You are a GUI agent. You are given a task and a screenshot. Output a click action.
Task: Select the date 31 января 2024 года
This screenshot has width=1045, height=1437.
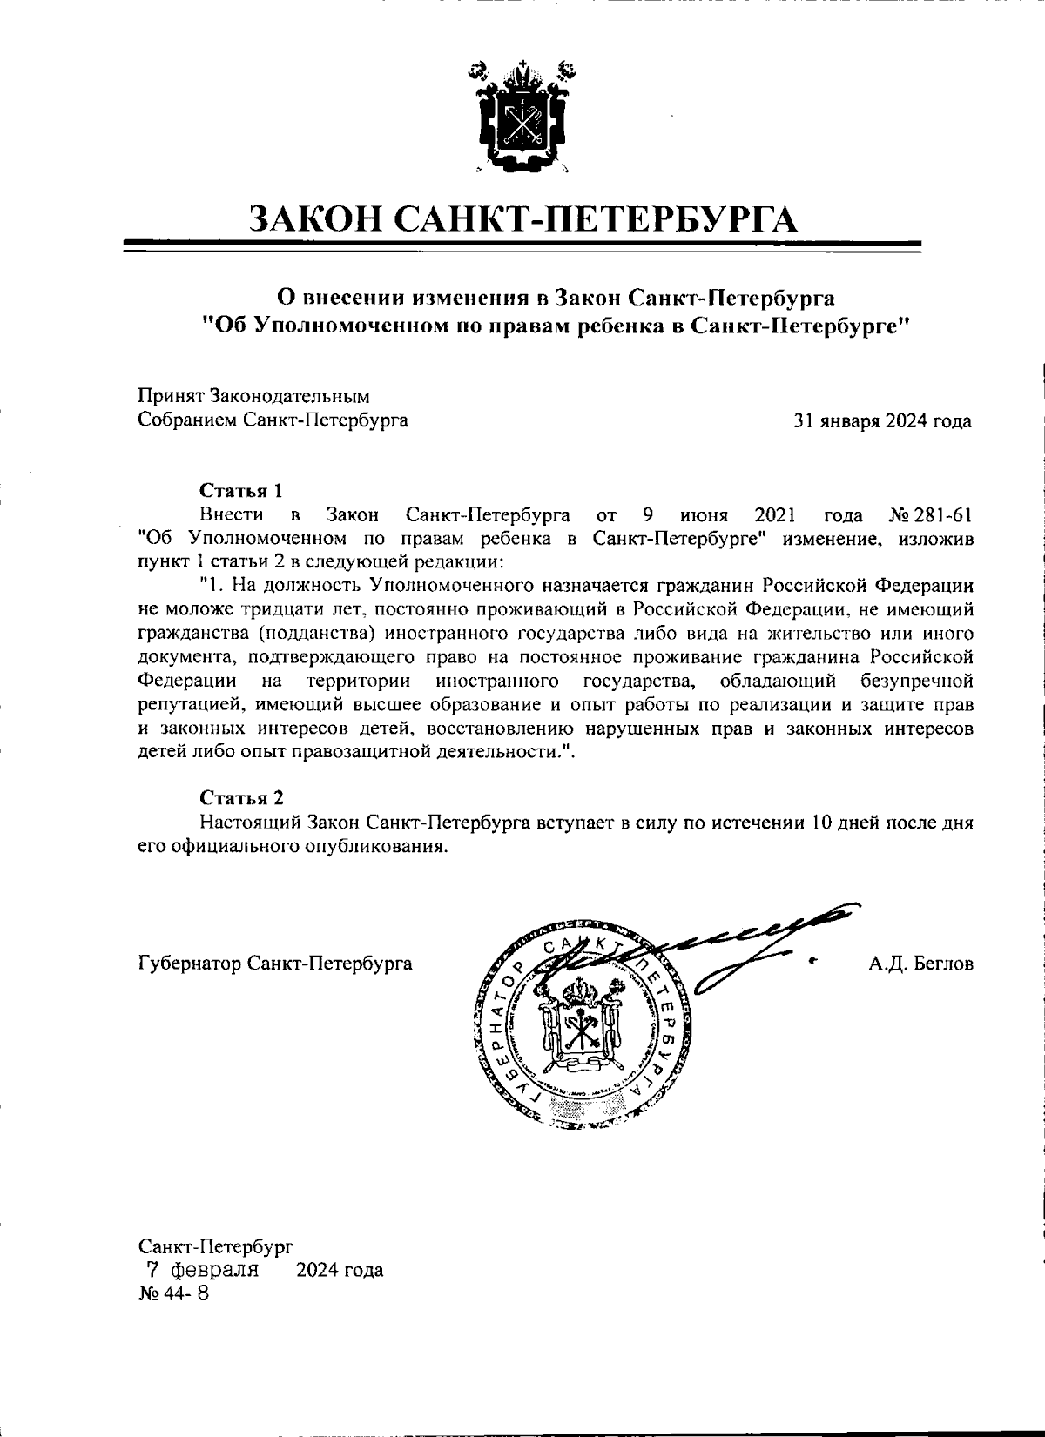pyautogui.click(x=882, y=421)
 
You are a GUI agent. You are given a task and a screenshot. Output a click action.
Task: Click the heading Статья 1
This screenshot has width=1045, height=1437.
pyautogui.click(x=241, y=490)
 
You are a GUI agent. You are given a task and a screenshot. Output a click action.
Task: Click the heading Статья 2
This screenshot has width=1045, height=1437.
pyautogui.click(x=241, y=797)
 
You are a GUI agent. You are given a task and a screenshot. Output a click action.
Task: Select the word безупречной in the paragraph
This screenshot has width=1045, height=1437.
pyautogui.click(x=916, y=679)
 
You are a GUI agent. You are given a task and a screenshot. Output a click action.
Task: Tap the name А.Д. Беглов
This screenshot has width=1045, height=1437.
pyautogui.click(x=920, y=964)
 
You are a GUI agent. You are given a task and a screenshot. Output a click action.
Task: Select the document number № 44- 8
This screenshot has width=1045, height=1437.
pyautogui.click(x=173, y=1293)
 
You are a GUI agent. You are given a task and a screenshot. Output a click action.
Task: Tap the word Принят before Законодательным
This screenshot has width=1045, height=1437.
pyautogui.click(x=170, y=397)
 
